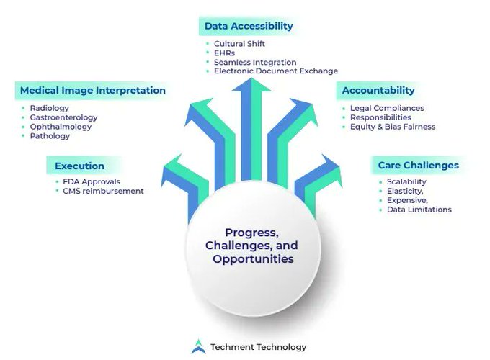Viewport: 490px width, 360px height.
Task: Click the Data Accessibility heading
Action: [x=249, y=26]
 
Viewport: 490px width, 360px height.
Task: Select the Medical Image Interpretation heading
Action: [x=92, y=91]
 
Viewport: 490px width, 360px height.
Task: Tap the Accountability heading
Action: [x=378, y=91]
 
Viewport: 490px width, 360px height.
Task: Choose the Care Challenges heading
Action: [x=418, y=166]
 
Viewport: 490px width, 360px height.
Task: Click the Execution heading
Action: [x=79, y=166]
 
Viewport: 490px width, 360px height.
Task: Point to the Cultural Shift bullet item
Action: [x=239, y=44]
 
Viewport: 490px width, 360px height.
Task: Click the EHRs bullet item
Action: [x=226, y=53]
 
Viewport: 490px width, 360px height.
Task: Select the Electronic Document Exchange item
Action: [x=275, y=71]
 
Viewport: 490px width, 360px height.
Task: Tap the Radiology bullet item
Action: [x=50, y=108]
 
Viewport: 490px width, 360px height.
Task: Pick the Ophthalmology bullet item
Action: [x=61, y=127]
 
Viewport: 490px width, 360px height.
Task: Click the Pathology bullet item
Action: [x=50, y=136]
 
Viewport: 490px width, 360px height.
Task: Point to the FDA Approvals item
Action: [x=92, y=182]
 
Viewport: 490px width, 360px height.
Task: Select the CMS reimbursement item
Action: [x=103, y=192]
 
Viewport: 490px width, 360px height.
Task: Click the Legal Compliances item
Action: [x=387, y=108]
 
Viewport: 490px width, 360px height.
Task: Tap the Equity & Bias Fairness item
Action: [x=393, y=127]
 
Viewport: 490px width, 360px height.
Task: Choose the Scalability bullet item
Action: [x=406, y=182]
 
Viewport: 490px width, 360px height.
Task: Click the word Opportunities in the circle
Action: [x=253, y=258]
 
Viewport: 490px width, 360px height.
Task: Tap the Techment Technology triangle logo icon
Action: [x=197, y=347]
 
